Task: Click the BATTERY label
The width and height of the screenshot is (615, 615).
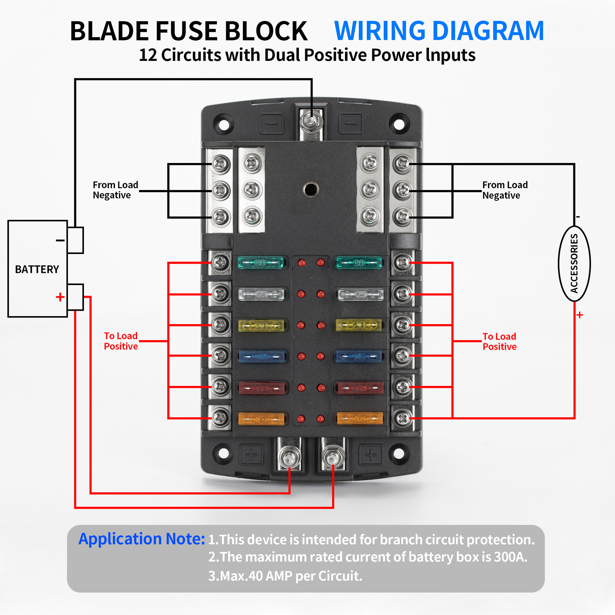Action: click(x=37, y=269)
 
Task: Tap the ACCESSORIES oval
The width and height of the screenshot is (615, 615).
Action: click(x=574, y=263)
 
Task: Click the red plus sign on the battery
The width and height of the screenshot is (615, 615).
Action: click(x=60, y=297)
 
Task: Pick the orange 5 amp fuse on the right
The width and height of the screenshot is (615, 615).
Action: click(x=360, y=418)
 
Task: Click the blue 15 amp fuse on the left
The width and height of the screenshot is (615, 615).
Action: click(x=262, y=356)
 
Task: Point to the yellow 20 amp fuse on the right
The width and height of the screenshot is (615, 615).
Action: click(x=359, y=325)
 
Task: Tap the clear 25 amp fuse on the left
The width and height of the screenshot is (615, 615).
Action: click(x=261, y=294)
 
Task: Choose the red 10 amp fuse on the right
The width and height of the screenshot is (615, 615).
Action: click(x=360, y=388)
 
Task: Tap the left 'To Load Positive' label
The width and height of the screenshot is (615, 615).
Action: click(x=121, y=341)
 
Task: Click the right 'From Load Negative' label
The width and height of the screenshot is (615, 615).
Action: click(x=505, y=190)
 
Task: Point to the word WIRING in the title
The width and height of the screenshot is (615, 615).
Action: click(x=380, y=31)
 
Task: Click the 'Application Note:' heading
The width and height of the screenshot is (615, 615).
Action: click(x=142, y=539)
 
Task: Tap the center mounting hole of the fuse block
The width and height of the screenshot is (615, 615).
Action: click(x=310, y=189)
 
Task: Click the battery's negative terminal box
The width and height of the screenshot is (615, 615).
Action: click(x=76, y=240)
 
